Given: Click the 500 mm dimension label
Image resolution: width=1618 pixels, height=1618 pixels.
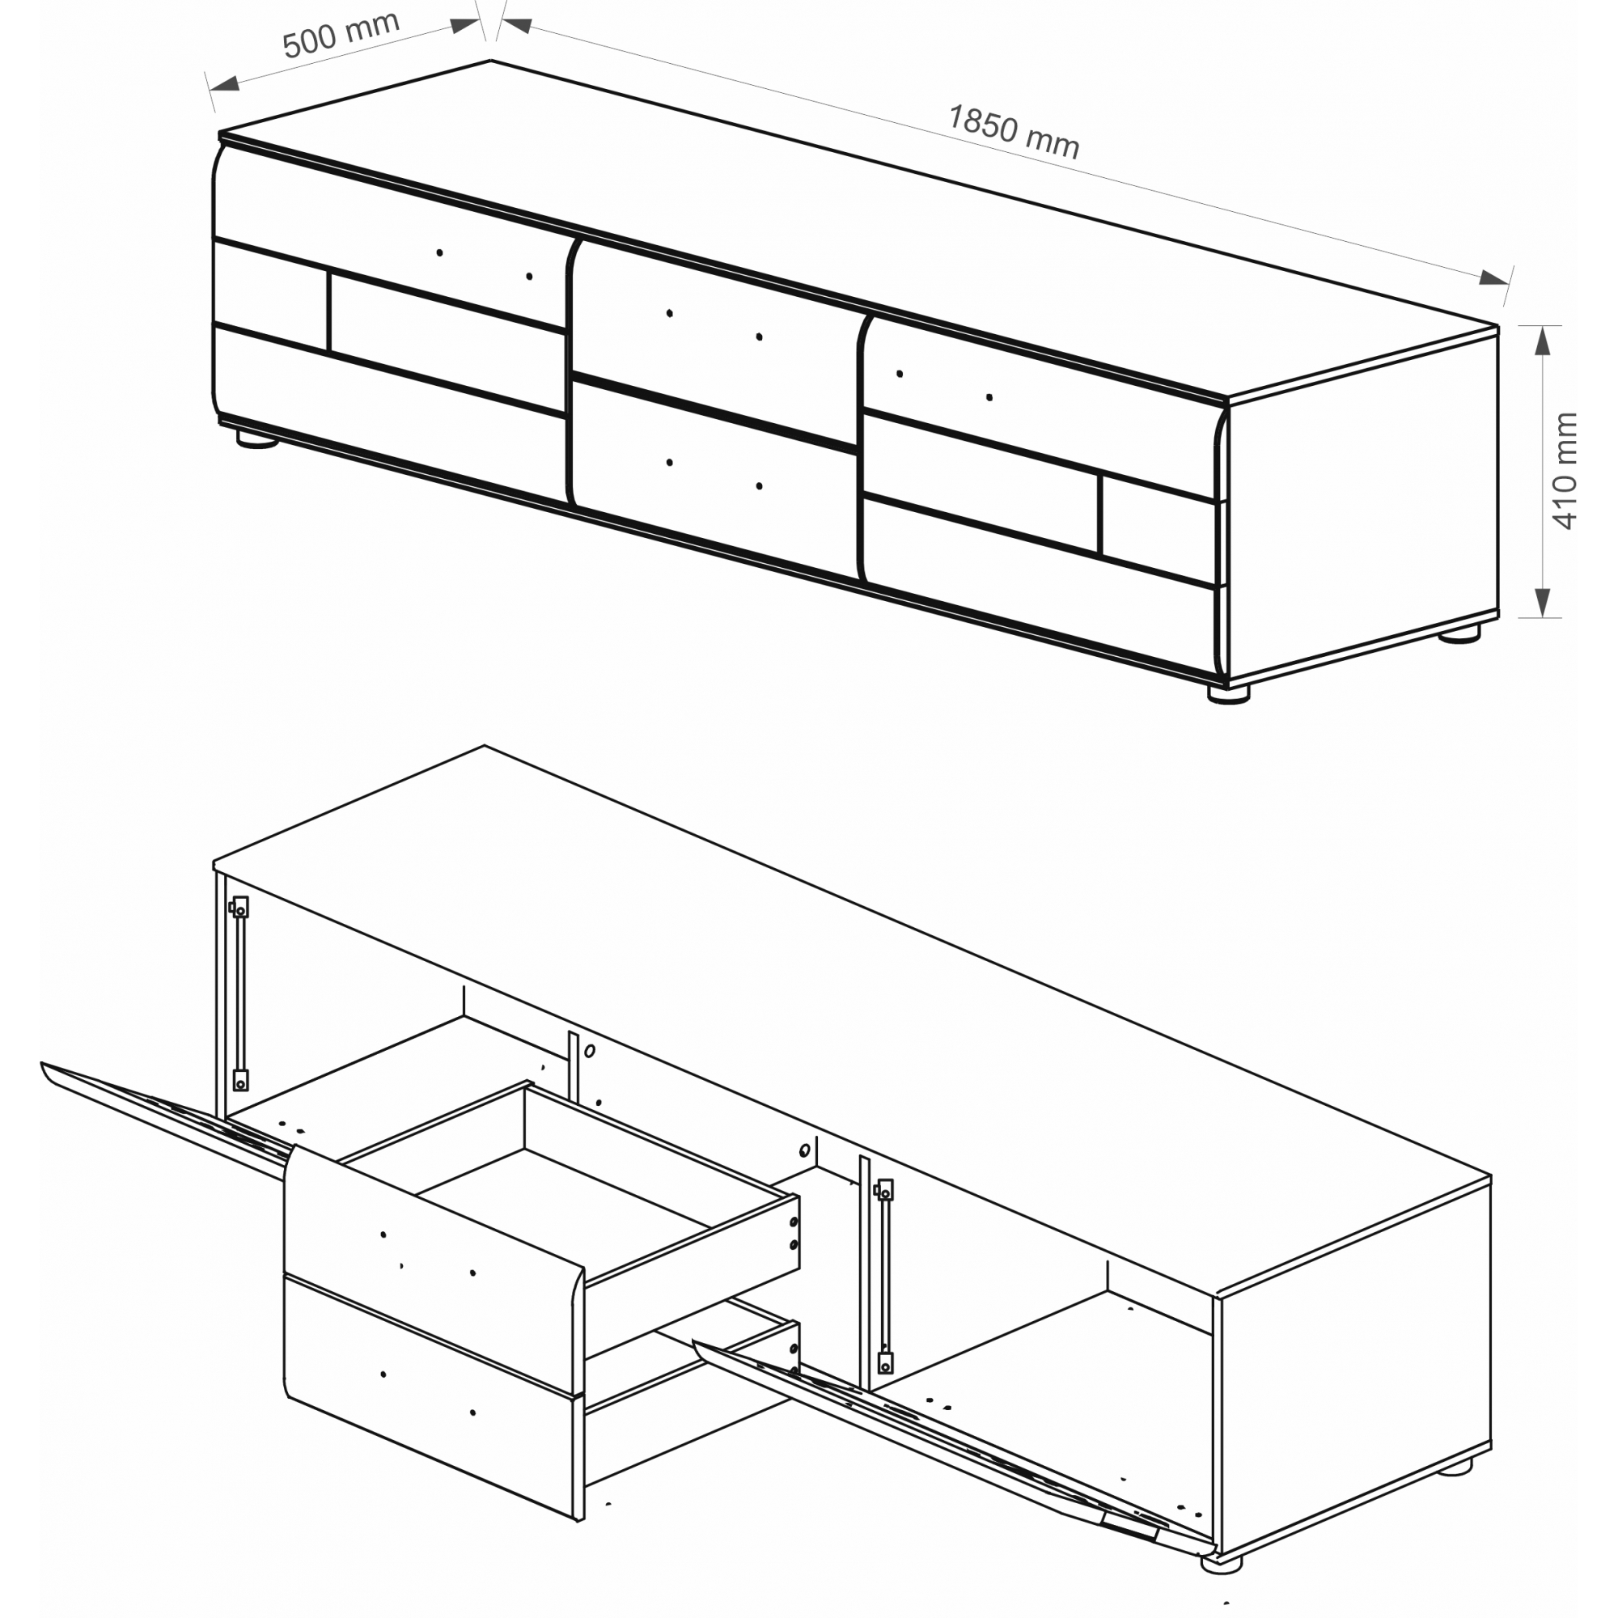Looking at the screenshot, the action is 341,35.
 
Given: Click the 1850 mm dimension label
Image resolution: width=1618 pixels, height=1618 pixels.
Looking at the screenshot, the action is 1014,133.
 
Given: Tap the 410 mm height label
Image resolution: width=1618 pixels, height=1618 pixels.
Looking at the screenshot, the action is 1565,471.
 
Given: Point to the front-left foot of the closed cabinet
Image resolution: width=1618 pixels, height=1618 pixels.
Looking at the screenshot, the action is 257,438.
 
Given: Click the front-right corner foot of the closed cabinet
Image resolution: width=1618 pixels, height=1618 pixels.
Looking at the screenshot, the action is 1229,693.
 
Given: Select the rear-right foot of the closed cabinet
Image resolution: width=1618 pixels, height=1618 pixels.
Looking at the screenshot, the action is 1460,633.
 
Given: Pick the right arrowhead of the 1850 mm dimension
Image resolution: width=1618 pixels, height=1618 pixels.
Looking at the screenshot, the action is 1494,278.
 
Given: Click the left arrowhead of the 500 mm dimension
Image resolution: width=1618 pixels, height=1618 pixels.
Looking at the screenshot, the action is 223,84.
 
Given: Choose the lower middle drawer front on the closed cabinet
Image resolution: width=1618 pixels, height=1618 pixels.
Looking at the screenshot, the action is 714,477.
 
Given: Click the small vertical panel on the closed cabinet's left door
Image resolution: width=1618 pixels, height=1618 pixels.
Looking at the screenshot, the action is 270,294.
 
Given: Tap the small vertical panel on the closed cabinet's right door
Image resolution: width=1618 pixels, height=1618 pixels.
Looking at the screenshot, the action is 1158,530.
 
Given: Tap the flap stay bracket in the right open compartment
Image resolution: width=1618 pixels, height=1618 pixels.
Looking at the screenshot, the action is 884,1277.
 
